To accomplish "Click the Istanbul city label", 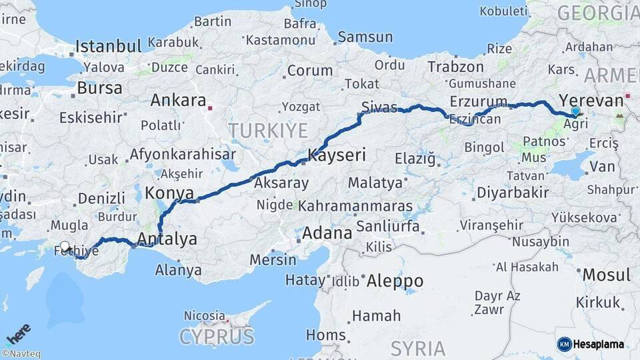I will (108, 47).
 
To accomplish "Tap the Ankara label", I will (178, 101).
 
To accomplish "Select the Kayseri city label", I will (337, 156).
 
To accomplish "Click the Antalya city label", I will (167, 239).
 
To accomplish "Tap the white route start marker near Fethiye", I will (65, 246).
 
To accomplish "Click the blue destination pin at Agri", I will (575, 111).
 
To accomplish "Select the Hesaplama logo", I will (591, 344).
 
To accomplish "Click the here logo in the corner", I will (18, 333).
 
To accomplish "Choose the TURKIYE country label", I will (267, 130).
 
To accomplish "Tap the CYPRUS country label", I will (217, 336).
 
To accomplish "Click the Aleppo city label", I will (395, 280).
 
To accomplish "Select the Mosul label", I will (606, 275).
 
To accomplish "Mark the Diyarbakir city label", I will (512, 193).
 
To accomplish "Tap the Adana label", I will (327, 234).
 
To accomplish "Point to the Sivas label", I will (379, 107).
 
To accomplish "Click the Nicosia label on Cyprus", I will (204, 315).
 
